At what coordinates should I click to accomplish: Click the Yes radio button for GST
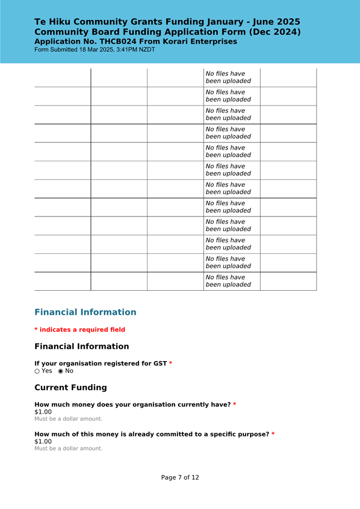tap(37, 371)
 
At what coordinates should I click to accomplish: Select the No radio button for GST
tap(61, 371)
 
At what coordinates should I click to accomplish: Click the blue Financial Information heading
tap(85, 312)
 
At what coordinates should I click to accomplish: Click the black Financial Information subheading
tap(81, 347)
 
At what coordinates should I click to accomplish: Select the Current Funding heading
tap(70, 387)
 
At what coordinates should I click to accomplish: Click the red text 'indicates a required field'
tap(82, 330)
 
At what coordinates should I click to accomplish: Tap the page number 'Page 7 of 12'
tap(180, 478)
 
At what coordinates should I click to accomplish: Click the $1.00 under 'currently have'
tap(43, 412)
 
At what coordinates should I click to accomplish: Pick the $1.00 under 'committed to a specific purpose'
tap(43, 441)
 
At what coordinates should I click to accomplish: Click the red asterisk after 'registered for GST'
tap(171, 364)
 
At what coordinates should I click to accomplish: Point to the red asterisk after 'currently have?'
tap(234, 405)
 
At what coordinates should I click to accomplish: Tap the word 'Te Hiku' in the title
tap(52, 22)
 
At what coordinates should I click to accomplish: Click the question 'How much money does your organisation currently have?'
tap(132, 405)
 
